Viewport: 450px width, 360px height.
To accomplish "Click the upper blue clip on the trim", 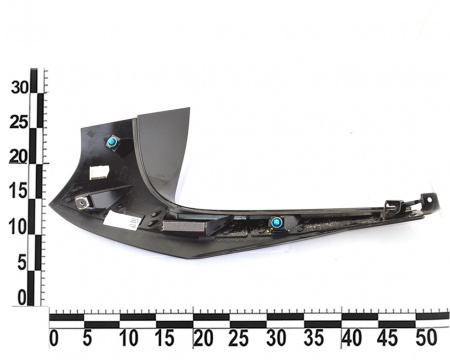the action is (x=112, y=142).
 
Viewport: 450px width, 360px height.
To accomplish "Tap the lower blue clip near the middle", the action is (x=276, y=222).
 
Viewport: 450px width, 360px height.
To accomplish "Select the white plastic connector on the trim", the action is (x=99, y=172).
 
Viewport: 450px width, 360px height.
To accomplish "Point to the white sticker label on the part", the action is (x=124, y=222).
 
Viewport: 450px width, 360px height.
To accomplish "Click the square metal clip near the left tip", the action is (x=82, y=202).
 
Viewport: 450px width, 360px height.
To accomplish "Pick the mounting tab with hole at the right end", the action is (x=429, y=200).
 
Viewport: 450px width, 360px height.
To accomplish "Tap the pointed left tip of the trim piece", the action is (x=49, y=204).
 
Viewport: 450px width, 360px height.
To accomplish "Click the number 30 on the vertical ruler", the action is (x=20, y=88).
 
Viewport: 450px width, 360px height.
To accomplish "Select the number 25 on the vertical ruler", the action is (x=18, y=123).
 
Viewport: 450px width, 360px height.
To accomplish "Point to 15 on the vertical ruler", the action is (x=18, y=192).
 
